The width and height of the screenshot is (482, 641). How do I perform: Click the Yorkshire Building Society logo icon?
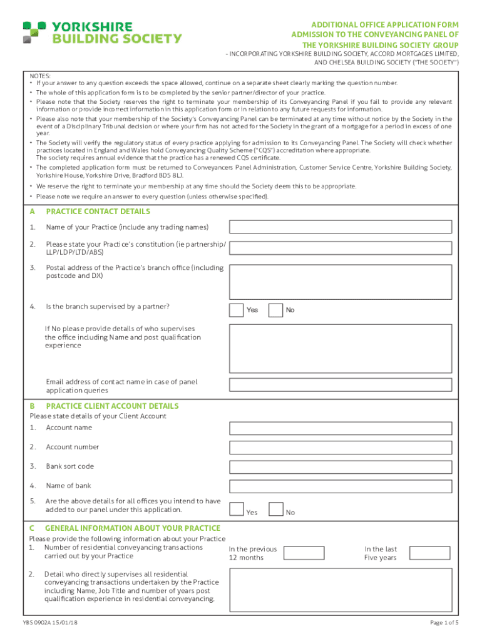34,32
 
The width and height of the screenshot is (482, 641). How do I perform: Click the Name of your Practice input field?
341,227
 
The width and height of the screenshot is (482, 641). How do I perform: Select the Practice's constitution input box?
341,247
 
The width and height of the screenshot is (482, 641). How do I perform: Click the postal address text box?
341,281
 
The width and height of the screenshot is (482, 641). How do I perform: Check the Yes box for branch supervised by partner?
237,310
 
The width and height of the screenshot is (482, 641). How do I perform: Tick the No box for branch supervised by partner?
275,310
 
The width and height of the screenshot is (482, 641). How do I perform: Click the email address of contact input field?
341,385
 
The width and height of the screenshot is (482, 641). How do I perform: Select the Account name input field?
341,428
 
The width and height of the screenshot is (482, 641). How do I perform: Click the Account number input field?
341,448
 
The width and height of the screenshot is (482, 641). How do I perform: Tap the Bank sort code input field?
341,467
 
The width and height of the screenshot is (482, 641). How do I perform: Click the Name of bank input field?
341,486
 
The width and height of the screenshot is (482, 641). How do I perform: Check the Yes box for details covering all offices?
237,510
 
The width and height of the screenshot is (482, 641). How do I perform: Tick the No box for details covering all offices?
275,510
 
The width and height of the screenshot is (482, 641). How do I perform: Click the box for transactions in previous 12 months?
304,553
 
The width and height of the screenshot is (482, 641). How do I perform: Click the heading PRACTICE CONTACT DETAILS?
98,212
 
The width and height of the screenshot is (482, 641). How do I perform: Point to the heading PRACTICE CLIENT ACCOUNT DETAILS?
112,406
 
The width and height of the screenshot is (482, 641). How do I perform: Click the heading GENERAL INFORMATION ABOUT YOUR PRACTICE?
133,528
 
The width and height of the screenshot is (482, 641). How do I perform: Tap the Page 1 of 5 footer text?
444,623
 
